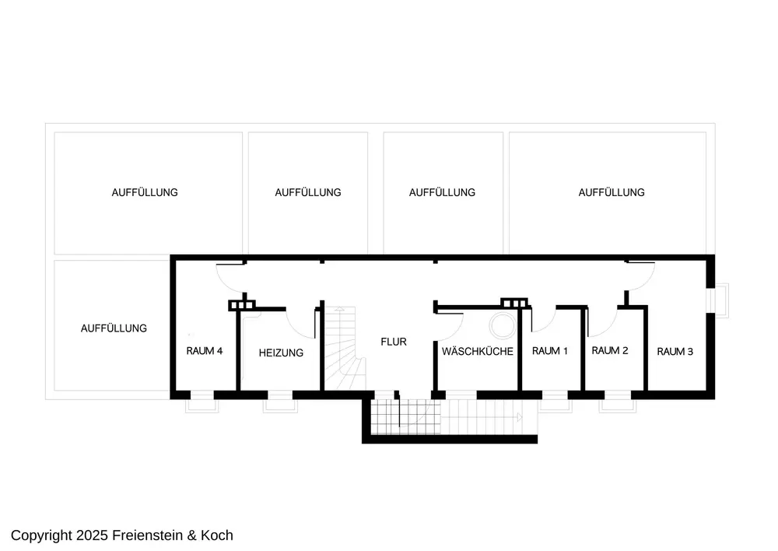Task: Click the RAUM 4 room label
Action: (x=205, y=351)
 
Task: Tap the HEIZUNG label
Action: (x=281, y=353)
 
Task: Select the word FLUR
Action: (x=393, y=342)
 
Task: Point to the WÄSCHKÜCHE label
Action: (x=478, y=352)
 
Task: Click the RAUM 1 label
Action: (x=550, y=351)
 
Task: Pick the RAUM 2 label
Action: (x=610, y=351)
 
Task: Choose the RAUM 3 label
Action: (x=675, y=352)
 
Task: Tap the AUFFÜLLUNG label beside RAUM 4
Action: (x=114, y=328)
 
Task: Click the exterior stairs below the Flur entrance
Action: (x=451, y=419)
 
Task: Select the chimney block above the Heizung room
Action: (x=242, y=305)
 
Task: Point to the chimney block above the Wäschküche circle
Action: (x=514, y=303)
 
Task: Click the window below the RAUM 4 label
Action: (x=202, y=401)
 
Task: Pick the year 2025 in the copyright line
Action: (x=93, y=535)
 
